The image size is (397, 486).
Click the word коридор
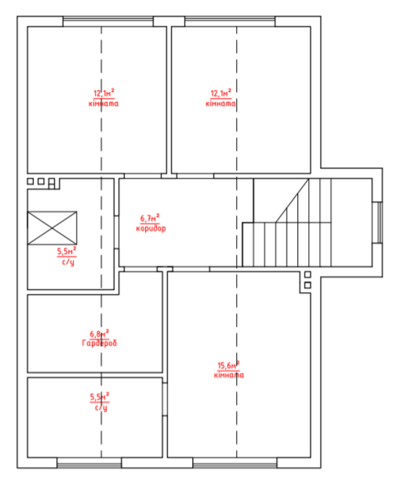[x=151, y=229]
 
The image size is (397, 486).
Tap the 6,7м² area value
[x=150, y=218]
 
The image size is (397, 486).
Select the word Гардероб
[x=99, y=343]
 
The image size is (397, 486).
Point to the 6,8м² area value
[x=99, y=333]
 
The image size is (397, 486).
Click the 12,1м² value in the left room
[x=104, y=93]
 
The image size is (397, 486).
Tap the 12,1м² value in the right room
[x=221, y=93]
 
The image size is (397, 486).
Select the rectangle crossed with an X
[x=52, y=228]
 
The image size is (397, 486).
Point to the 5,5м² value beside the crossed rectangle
[x=67, y=251]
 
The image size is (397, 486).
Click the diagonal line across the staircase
[x=292, y=200]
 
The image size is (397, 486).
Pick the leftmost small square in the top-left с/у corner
[x=30, y=181]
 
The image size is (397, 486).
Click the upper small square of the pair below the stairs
[x=308, y=274]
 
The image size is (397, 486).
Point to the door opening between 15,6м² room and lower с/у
[x=165, y=400]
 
